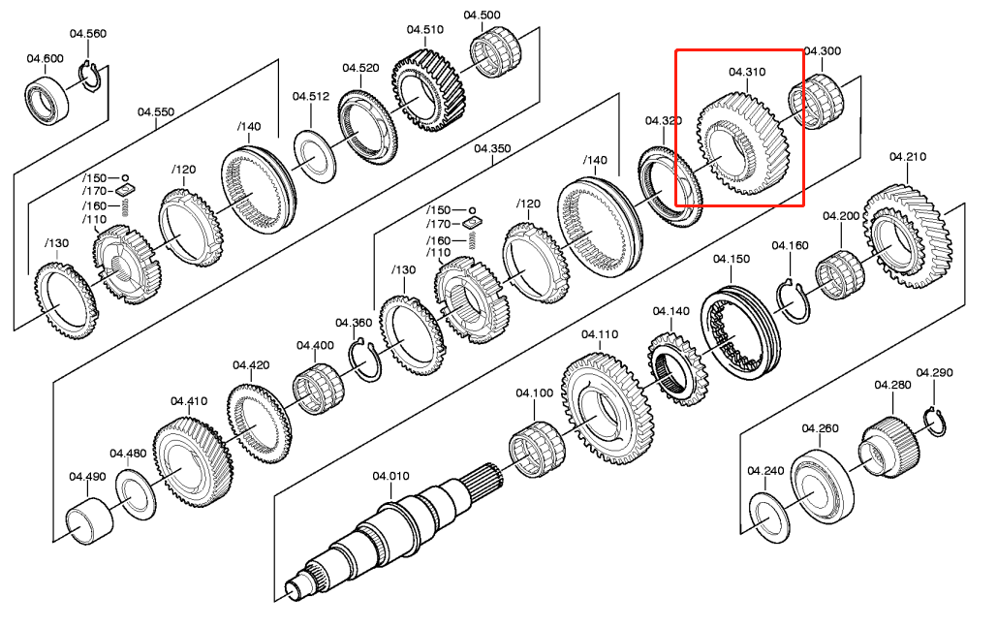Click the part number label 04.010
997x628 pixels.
[390, 476]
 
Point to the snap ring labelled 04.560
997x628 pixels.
[91, 80]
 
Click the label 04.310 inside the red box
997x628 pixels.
[747, 72]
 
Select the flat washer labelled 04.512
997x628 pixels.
[314, 156]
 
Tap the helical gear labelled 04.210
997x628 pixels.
[908, 237]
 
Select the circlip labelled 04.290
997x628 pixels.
[934, 422]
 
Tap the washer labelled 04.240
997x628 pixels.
[770, 517]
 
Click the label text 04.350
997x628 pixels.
[492, 148]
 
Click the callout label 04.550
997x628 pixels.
[156, 112]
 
